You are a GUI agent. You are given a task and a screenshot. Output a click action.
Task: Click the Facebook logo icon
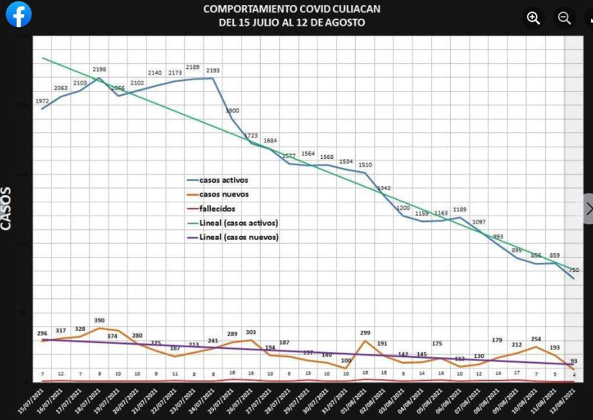(19, 14)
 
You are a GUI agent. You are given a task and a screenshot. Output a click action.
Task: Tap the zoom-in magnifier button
(534, 18)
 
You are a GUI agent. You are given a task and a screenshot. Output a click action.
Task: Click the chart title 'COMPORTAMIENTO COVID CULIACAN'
(292, 9)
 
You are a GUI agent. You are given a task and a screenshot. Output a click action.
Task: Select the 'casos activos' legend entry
(223, 180)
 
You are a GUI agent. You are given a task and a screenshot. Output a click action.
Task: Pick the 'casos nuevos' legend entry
(224, 194)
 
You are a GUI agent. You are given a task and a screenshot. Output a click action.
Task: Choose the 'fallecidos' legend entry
(217, 209)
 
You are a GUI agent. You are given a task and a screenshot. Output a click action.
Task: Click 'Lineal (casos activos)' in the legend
(239, 223)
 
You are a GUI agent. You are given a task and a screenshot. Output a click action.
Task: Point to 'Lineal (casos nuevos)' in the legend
(239, 237)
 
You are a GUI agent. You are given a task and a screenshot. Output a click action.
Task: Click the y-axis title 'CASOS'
(6, 208)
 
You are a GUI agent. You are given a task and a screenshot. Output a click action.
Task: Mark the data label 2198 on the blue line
(99, 70)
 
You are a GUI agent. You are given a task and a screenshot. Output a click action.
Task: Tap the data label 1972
(42, 101)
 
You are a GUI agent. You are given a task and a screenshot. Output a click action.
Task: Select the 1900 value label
(232, 111)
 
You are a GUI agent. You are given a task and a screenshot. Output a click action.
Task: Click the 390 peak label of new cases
(99, 320)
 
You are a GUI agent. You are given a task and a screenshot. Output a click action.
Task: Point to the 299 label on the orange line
(365, 333)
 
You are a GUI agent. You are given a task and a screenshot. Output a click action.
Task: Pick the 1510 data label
(365, 165)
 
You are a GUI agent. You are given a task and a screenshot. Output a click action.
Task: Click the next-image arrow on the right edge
(587, 209)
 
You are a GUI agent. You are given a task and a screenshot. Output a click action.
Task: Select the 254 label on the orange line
(535, 339)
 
